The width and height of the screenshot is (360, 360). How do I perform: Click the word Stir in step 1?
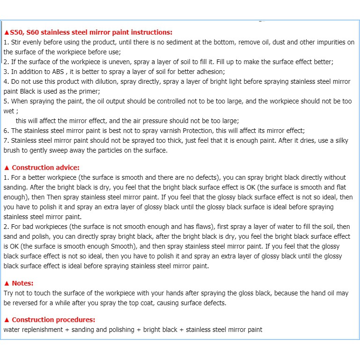point(15,42)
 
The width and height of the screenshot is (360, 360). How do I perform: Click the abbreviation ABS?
point(57,72)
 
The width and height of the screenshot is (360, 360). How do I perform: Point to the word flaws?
point(181,227)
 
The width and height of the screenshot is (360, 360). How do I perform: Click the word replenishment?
point(42,330)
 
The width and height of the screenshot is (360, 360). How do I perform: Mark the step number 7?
point(6,140)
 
